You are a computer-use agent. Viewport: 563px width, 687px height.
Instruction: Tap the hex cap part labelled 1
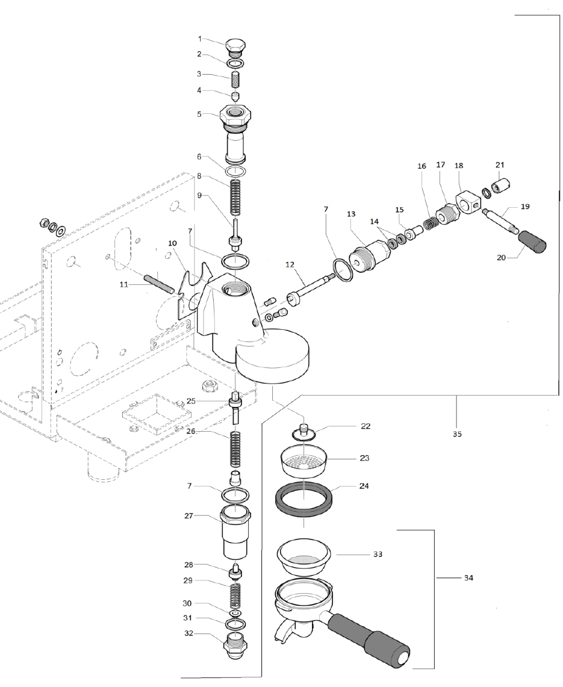pyautogui.click(x=235, y=46)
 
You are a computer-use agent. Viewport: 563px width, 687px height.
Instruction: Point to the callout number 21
pyautogui.click(x=499, y=164)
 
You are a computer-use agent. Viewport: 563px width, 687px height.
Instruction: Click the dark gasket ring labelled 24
pyautogui.click(x=303, y=497)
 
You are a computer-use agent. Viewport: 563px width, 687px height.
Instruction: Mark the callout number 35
pyautogui.click(x=457, y=434)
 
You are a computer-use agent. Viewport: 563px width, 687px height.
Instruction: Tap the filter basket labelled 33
pyautogui.click(x=304, y=553)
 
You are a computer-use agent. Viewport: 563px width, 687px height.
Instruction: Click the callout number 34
pyautogui.click(x=467, y=579)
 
